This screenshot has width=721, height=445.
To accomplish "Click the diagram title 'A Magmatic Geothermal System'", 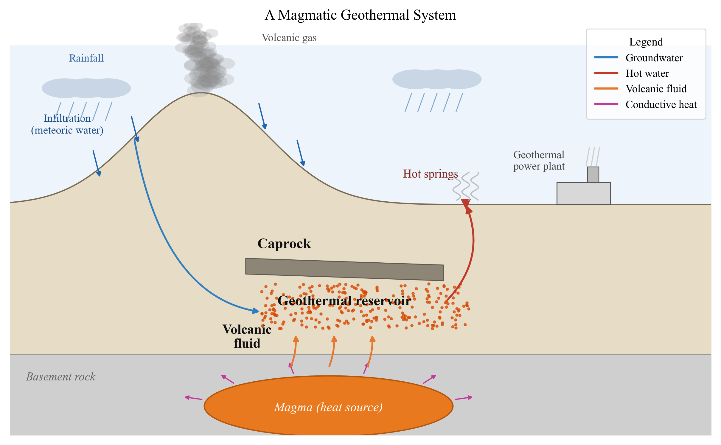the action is [360, 15].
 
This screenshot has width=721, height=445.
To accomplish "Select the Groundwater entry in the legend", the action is [638, 57].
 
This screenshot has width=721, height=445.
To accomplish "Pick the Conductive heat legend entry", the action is [645, 104].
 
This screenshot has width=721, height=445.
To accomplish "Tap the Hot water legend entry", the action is [631, 73].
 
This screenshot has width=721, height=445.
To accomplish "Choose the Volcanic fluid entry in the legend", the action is [640, 89].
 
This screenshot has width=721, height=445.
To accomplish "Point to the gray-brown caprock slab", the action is [344, 269].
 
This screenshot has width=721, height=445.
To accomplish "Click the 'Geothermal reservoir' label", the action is [344, 301].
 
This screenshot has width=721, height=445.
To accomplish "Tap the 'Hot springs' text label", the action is [430, 174].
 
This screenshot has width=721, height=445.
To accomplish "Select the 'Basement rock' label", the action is [60, 377].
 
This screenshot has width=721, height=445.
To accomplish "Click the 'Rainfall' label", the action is [86, 58].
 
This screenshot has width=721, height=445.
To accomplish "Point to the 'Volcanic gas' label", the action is [289, 38].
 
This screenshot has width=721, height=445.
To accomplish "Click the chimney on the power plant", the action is [593, 175].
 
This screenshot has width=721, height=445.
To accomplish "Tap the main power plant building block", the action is [584, 193].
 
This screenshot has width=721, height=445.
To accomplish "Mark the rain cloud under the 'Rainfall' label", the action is [86, 88].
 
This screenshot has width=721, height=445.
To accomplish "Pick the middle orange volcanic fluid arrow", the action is [332, 351].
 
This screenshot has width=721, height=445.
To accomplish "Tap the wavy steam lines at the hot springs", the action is [466, 186].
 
